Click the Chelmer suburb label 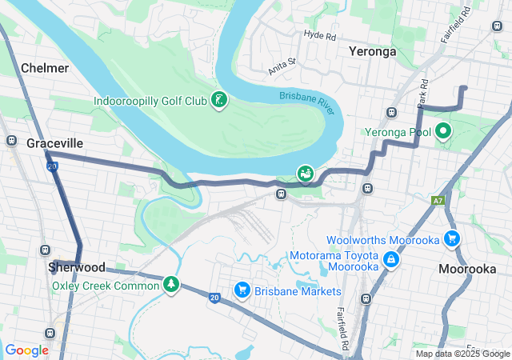click(45, 68)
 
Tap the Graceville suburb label click(54, 143)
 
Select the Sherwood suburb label click(76, 266)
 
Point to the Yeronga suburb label click(372, 51)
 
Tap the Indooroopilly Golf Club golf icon click(218, 100)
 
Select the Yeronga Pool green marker click(443, 130)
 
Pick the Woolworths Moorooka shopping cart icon click(452, 238)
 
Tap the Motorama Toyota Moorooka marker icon click(390, 259)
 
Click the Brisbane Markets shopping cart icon click(241, 290)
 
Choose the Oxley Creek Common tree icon click(170, 284)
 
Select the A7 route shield click(437, 201)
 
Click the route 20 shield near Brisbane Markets click(214, 298)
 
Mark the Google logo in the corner click(27, 350)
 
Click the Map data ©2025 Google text click(462, 354)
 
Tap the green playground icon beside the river click(305, 172)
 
